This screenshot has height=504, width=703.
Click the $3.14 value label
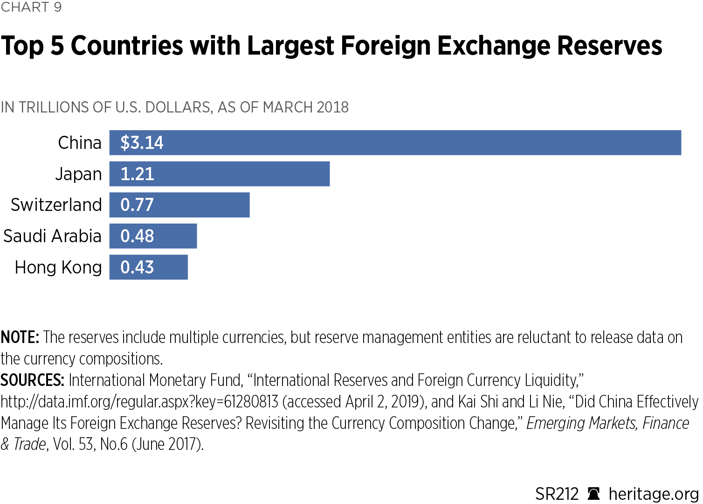[x=142, y=143]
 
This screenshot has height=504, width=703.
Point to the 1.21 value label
[x=137, y=174]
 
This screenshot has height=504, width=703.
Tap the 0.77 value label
[x=137, y=205]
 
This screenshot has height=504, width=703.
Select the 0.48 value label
[x=137, y=236]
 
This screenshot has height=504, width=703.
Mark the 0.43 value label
[x=137, y=267]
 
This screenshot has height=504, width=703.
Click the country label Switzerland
[x=56, y=205]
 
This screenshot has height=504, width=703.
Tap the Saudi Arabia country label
[x=52, y=236]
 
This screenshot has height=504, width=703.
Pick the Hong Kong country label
[x=58, y=267]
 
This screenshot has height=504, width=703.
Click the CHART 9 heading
[x=31, y=7]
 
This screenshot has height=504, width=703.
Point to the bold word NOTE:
[x=20, y=337]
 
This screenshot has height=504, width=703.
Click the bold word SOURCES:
[x=32, y=380]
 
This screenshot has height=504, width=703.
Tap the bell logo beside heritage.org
[x=593, y=494]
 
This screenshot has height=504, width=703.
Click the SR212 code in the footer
[x=557, y=494]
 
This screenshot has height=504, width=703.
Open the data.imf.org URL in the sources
[x=139, y=402]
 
